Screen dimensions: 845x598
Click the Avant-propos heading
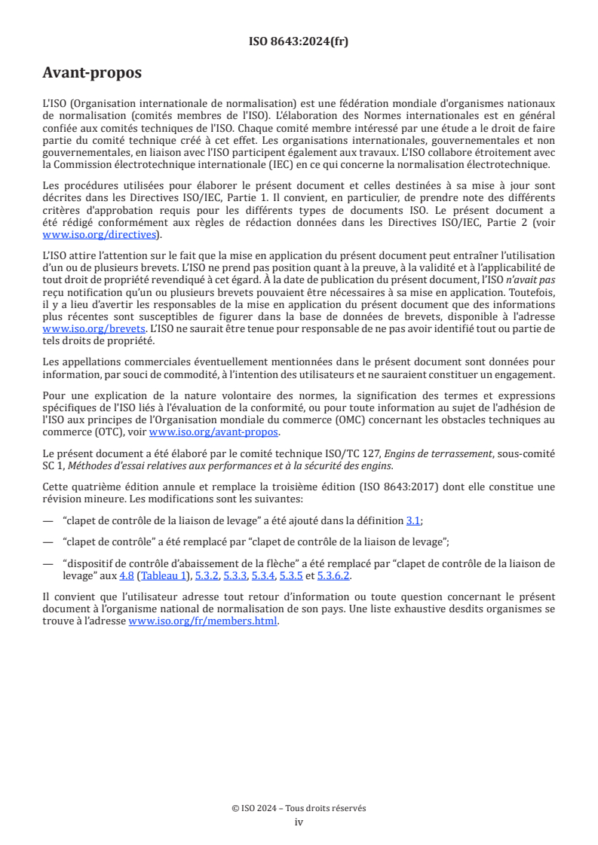(x=92, y=73)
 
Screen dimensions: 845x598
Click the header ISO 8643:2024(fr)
(x=299, y=42)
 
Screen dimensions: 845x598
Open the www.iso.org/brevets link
(x=94, y=329)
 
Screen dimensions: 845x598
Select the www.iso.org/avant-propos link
(x=214, y=432)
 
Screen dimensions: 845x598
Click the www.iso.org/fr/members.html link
(x=203, y=621)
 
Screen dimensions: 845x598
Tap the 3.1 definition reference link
(x=413, y=520)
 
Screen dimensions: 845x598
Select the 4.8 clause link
(x=126, y=576)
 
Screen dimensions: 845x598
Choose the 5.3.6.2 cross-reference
(x=335, y=576)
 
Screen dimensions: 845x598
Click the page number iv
(x=299, y=822)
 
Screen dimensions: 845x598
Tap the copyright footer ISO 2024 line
(x=299, y=808)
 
